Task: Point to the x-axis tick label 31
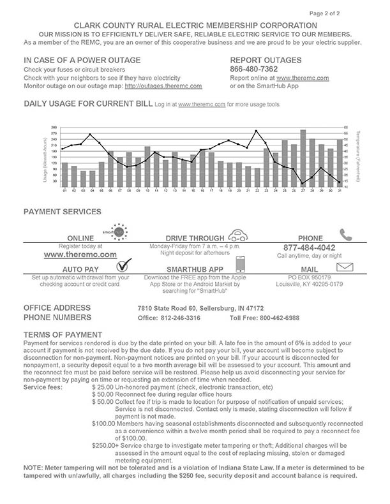click(x=339, y=189)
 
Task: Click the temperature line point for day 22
click(x=257, y=131)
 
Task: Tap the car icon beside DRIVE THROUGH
click(x=238, y=234)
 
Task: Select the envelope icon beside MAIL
click(x=345, y=266)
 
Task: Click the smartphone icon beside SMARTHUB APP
click(x=241, y=264)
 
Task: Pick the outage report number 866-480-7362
click(x=253, y=69)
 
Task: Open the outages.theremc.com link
click(x=163, y=85)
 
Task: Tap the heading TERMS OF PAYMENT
click(x=63, y=335)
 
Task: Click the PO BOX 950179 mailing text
click(x=310, y=278)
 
